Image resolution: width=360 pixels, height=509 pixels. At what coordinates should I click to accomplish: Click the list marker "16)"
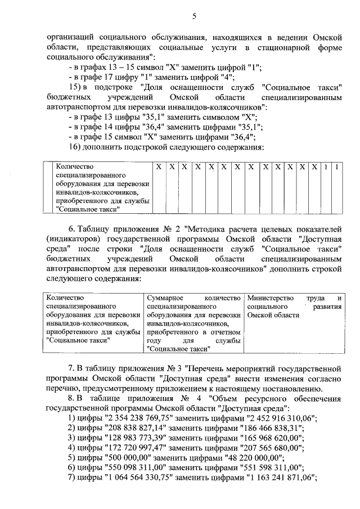pyautogui.click(x=75, y=147)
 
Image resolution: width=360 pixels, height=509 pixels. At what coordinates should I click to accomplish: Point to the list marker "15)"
pyautogui.click(x=75, y=87)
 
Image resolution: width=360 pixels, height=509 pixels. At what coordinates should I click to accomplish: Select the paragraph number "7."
pyautogui.click(x=72, y=368)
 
